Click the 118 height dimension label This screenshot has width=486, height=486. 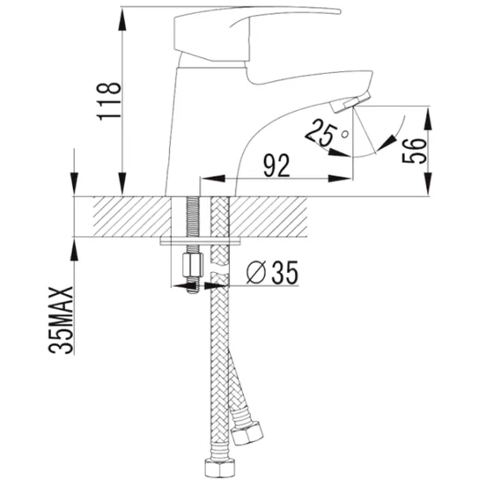click(x=109, y=101)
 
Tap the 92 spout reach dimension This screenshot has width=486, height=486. click(x=276, y=165)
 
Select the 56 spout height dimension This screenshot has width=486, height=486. click(x=414, y=151)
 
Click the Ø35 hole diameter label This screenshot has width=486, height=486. click(x=272, y=272)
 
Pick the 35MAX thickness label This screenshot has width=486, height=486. click(x=61, y=320)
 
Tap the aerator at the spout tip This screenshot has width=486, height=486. click(x=350, y=103)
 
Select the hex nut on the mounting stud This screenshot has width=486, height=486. click(x=193, y=265)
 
